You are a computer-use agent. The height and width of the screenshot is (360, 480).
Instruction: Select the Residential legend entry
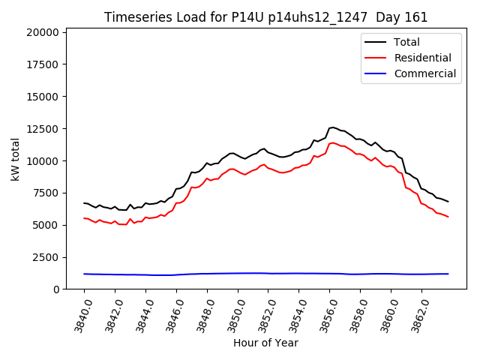pos(423,58)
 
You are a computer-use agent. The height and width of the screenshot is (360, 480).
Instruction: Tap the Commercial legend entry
pos(425,73)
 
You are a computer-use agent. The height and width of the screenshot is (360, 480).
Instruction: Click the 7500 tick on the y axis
pos(46,193)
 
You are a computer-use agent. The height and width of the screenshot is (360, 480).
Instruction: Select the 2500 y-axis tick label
pos(46,257)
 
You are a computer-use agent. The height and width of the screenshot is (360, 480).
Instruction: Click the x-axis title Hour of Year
pos(265,343)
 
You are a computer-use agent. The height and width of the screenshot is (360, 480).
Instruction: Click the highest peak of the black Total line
pos(332,127)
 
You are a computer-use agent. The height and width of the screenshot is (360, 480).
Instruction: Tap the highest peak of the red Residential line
pos(332,142)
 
